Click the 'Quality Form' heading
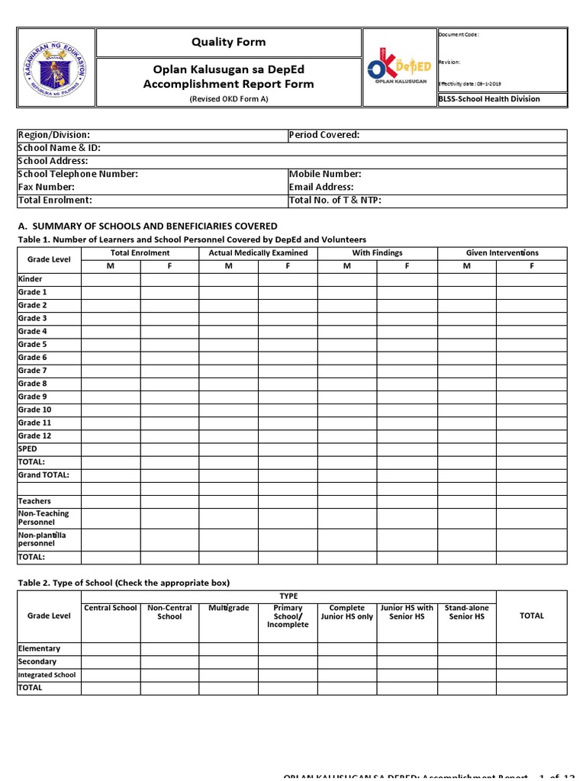tap(229, 43)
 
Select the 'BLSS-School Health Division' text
tap(489, 99)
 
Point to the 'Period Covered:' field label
tap(324, 135)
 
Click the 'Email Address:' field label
tap(321, 187)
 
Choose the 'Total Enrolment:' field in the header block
tap(55, 200)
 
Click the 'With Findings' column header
tap(377, 252)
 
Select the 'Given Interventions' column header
tap(502, 252)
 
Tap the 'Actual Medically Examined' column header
tap(258, 252)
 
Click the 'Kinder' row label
tap(31, 279)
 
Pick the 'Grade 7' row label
tap(33, 371)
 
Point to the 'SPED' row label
tap(27, 449)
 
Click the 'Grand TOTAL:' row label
tap(43, 475)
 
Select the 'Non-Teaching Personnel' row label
tap(43, 518)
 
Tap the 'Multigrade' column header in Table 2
tap(228, 608)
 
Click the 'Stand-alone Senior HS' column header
tap(466, 612)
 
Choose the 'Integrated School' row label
tap(47, 675)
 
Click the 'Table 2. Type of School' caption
tap(123, 583)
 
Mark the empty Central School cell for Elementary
tap(111, 649)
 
